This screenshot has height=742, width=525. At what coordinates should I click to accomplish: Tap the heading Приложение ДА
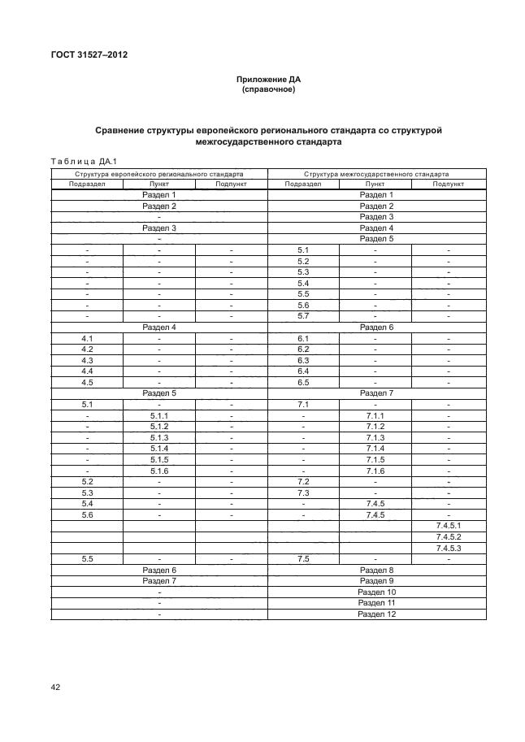[x=268, y=80]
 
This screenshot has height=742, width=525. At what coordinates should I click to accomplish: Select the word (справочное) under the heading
[x=268, y=89]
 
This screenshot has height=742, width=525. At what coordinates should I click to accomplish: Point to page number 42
[x=56, y=687]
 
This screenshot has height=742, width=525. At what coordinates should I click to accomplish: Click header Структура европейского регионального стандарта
[x=159, y=174]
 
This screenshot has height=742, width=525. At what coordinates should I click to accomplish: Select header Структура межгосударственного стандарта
[x=376, y=174]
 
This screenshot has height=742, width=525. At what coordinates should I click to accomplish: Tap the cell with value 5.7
[x=304, y=316]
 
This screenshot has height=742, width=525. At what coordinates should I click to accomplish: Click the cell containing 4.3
[x=87, y=360]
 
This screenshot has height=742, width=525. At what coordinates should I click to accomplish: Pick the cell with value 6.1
[x=304, y=338]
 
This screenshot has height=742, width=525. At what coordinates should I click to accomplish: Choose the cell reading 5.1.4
[x=159, y=449]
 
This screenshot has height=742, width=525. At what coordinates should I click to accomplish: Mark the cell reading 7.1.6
[x=375, y=471]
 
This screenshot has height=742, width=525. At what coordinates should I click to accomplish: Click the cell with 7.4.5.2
[x=448, y=537]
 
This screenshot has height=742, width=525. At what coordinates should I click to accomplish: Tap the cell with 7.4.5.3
[x=448, y=549]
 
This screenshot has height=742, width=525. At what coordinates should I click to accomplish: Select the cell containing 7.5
[x=304, y=559]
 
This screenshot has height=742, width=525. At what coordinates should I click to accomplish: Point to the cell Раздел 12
[x=376, y=614]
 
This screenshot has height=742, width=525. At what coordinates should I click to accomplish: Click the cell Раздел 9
[x=376, y=581]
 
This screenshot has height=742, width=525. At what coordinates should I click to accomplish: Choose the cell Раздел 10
[x=376, y=592]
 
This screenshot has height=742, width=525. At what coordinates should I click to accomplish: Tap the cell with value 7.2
[x=304, y=482]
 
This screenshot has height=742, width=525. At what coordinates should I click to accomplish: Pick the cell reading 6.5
[x=304, y=382]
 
